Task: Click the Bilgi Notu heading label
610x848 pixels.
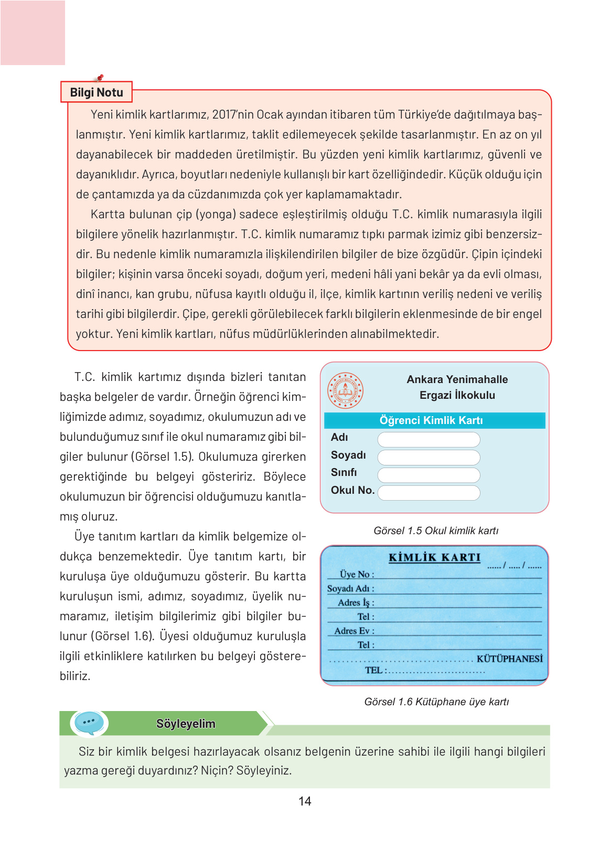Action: (x=97, y=92)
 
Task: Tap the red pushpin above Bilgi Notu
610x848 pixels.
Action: (x=100, y=78)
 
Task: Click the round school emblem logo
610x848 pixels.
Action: (x=345, y=390)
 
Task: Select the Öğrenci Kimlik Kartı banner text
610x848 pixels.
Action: (x=431, y=420)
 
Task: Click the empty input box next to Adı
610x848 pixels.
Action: (x=429, y=439)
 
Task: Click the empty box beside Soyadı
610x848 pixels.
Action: (x=429, y=457)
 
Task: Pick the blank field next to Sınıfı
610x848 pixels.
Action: (x=429, y=475)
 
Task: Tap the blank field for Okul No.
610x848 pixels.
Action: (x=429, y=493)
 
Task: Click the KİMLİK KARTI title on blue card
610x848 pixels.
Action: (x=434, y=557)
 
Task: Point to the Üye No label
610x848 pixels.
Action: (x=357, y=574)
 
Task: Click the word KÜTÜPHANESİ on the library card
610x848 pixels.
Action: (x=509, y=659)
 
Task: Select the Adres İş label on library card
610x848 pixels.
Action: (x=356, y=602)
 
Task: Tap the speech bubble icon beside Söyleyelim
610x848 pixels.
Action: (x=89, y=723)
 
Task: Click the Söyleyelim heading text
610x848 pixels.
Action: (x=186, y=724)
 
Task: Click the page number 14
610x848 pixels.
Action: (x=305, y=801)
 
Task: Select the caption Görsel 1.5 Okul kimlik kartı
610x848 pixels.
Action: (x=436, y=531)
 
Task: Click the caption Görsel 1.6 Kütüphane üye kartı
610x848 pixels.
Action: (x=436, y=702)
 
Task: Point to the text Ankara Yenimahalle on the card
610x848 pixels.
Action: (x=457, y=379)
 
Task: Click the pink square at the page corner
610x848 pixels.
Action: (x=33, y=33)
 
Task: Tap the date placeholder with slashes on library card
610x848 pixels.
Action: (x=514, y=566)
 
